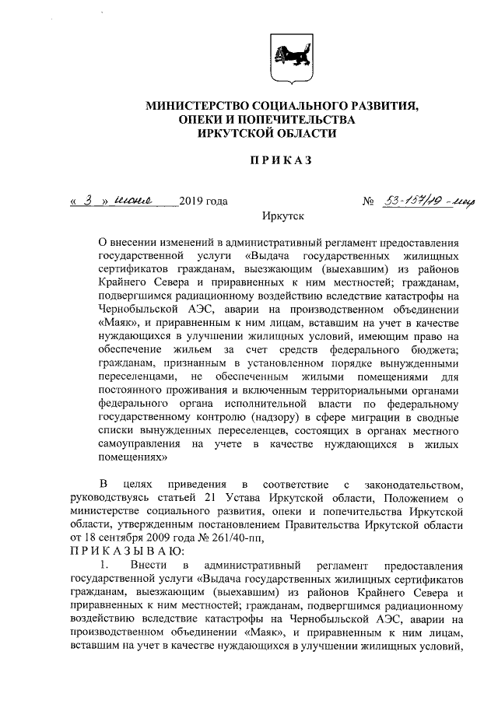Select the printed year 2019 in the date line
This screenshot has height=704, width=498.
(x=191, y=202)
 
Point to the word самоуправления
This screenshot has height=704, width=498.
(x=139, y=445)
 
